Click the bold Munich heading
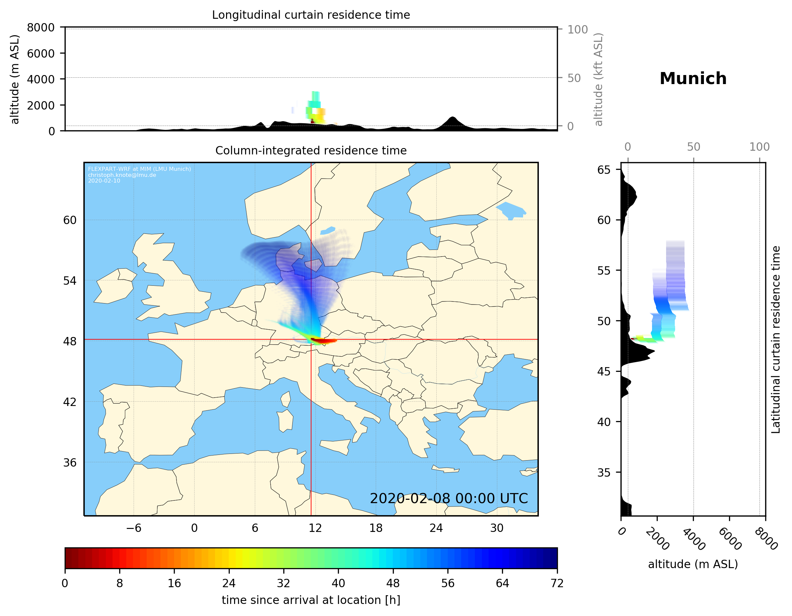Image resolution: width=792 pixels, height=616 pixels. point(693,79)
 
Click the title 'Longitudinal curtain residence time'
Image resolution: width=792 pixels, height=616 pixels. point(311,15)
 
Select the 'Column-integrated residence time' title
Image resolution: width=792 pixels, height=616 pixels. point(311,150)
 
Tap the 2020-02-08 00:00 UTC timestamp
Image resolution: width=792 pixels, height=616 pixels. point(449,498)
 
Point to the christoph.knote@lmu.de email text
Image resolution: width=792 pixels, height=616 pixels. point(122,175)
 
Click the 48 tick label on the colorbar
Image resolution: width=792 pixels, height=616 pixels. point(393,584)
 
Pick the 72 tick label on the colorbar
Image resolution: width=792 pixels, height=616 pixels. point(557,584)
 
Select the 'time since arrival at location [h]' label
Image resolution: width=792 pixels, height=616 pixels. point(311,600)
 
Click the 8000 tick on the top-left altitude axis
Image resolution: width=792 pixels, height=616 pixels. point(41,27)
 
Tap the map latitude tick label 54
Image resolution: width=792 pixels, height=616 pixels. point(70,280)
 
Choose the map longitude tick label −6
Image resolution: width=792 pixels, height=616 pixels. point(133,528)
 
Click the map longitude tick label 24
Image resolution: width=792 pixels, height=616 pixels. point(436,528)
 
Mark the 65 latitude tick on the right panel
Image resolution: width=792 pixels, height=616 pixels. point(604,170)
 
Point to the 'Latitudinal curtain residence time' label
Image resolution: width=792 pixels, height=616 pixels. point(775,339)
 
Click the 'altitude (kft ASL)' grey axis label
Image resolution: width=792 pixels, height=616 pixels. point(598,79)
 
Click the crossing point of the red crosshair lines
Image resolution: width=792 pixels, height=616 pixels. point(311,340)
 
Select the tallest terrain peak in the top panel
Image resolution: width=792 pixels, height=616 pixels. point(452,118)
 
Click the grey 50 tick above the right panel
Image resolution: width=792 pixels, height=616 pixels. point(693,147)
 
